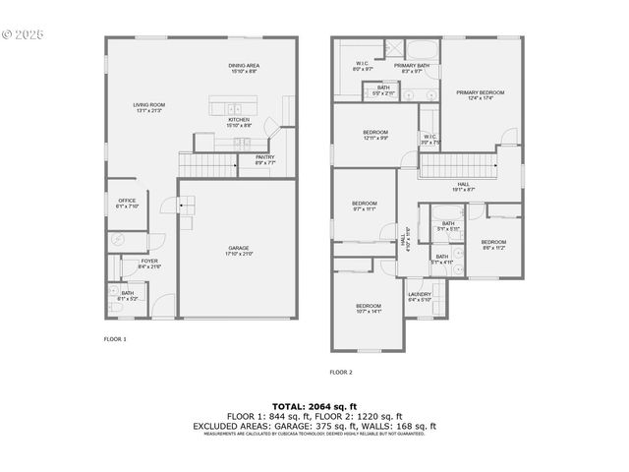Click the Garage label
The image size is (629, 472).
239,251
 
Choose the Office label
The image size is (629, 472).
128,204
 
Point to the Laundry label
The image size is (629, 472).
420,297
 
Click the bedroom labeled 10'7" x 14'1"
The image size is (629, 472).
369,309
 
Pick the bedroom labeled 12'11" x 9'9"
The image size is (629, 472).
375,135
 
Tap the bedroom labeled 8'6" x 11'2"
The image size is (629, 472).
493,245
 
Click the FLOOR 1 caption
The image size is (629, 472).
115,338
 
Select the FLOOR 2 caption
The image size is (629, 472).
341,372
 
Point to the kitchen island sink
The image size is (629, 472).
233,107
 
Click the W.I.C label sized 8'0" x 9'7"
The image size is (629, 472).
363,66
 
